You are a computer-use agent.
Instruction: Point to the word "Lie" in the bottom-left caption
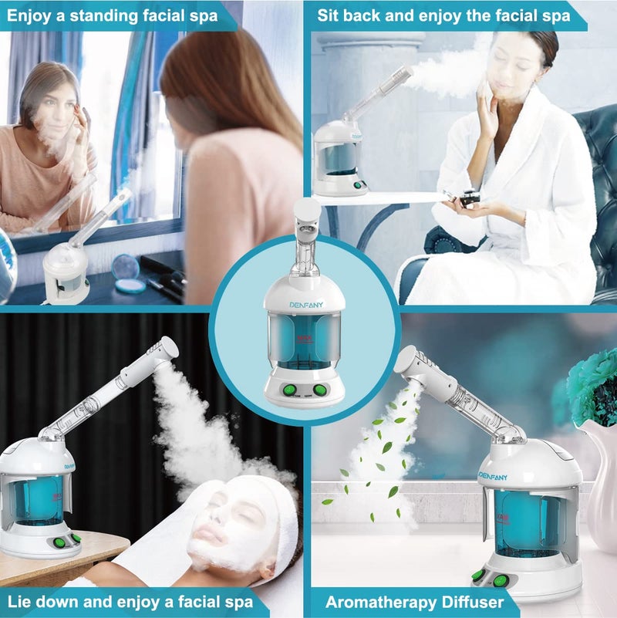pos(22,602)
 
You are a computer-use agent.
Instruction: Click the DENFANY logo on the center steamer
pos(306,305)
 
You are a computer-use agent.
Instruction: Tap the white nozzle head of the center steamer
pos(308,208)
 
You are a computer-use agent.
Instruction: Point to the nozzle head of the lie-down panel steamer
pos(164,349)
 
